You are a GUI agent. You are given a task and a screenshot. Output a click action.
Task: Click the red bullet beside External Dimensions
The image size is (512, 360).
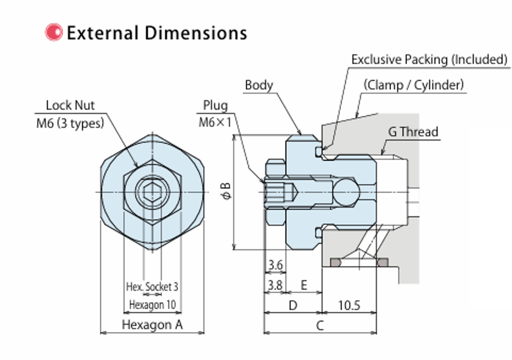click(54, 32)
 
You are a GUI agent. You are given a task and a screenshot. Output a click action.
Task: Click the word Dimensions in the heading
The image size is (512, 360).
click(196, 33)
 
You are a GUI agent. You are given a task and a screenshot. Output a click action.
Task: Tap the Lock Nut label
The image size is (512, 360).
click(70, 105)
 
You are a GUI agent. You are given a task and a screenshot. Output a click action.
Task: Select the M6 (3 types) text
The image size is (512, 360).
click(70, 123)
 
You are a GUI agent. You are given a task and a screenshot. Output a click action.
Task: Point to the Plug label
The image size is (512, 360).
click(215, 106)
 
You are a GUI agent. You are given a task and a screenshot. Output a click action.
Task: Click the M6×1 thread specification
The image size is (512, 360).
click(215, 123)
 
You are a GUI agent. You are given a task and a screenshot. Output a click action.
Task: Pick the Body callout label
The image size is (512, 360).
click(259, 85)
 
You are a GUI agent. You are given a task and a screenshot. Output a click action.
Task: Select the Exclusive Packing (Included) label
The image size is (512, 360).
click(429, 59)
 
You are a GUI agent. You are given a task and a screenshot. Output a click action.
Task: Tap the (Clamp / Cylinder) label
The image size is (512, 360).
click(413, 85)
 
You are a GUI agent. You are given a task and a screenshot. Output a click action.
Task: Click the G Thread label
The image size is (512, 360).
click(413, 132)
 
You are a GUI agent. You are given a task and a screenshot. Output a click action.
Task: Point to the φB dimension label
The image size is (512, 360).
click(226, 191)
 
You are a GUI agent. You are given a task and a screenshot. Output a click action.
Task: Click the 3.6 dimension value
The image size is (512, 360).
click(275, 265)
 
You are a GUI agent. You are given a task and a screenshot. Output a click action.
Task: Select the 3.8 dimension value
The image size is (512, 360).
click(275, 285)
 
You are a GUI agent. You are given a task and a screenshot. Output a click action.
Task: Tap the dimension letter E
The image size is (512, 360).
click(304, 285)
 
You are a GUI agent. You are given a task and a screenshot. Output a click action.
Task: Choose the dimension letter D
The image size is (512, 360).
click(293, 306)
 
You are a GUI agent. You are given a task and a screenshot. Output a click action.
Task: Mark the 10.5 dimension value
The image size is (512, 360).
click(349, 306)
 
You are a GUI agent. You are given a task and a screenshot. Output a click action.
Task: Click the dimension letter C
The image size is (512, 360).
click(320, 326)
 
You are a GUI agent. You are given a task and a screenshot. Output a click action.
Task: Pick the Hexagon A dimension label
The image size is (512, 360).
click(152, 325)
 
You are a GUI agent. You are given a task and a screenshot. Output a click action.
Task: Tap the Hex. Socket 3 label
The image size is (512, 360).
click(152, 287)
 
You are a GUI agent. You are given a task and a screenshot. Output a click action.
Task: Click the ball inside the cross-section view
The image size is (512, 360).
click(346, 192)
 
